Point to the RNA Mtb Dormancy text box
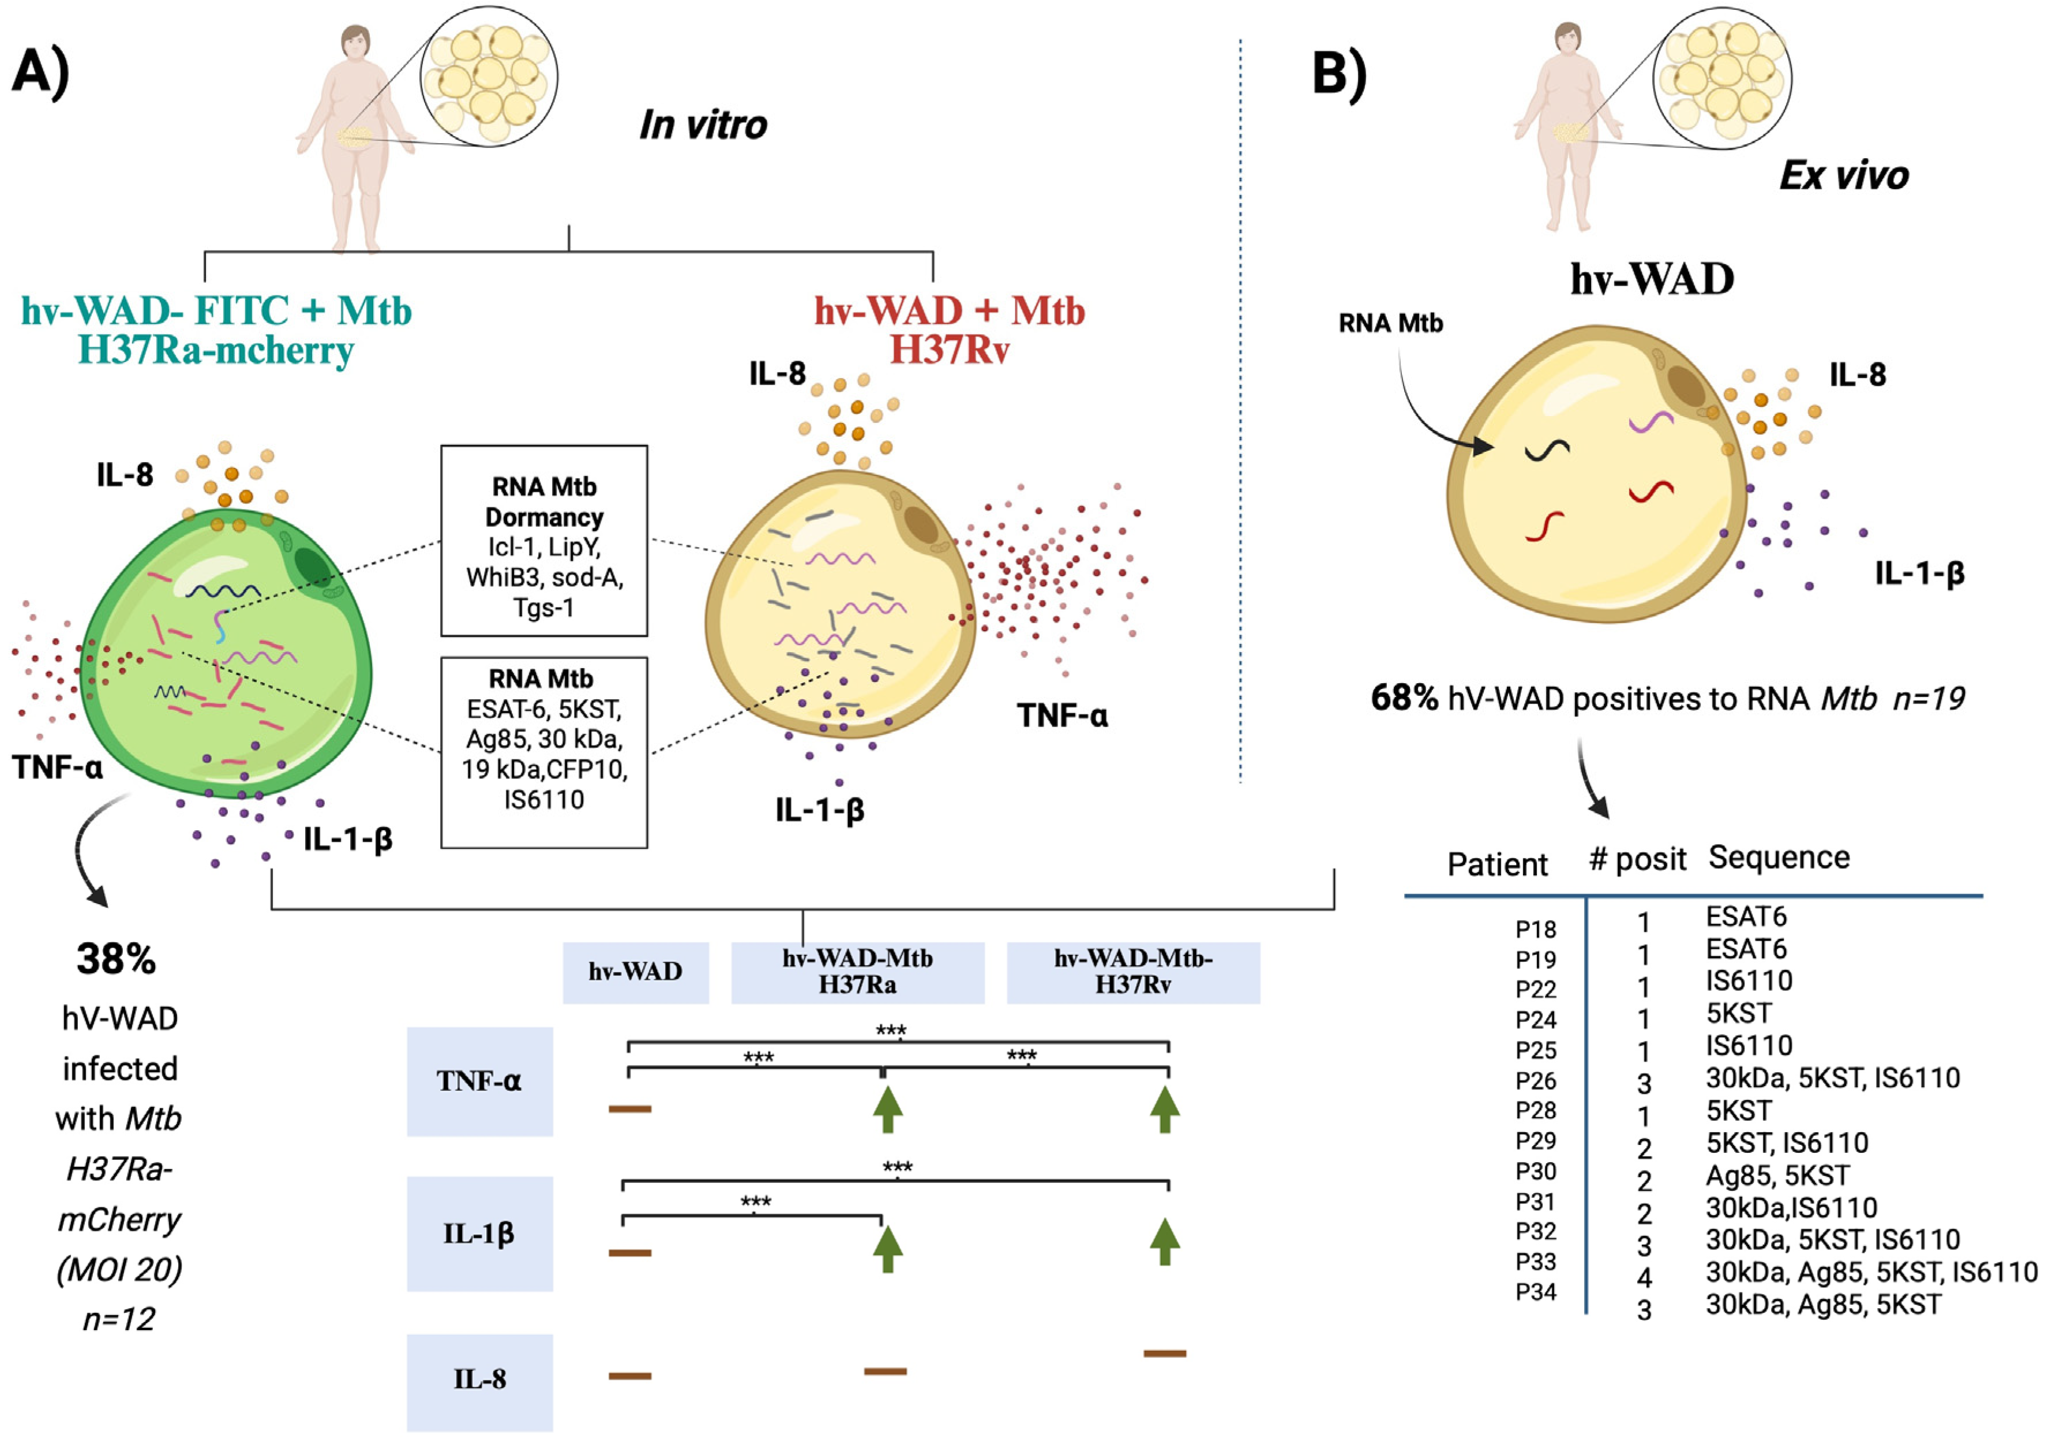click(x=543, y=541)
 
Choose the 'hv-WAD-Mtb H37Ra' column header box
click(x=857, y=972)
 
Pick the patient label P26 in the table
click(x=1536, y=1081)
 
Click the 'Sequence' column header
click(x=1779, y=857)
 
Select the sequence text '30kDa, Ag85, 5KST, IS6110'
click(x=1871, y=1272)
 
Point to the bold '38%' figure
click(x=116, y=959)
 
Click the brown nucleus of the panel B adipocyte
click(x=1686, y=386)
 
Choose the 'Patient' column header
click(x=1497, y=864)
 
